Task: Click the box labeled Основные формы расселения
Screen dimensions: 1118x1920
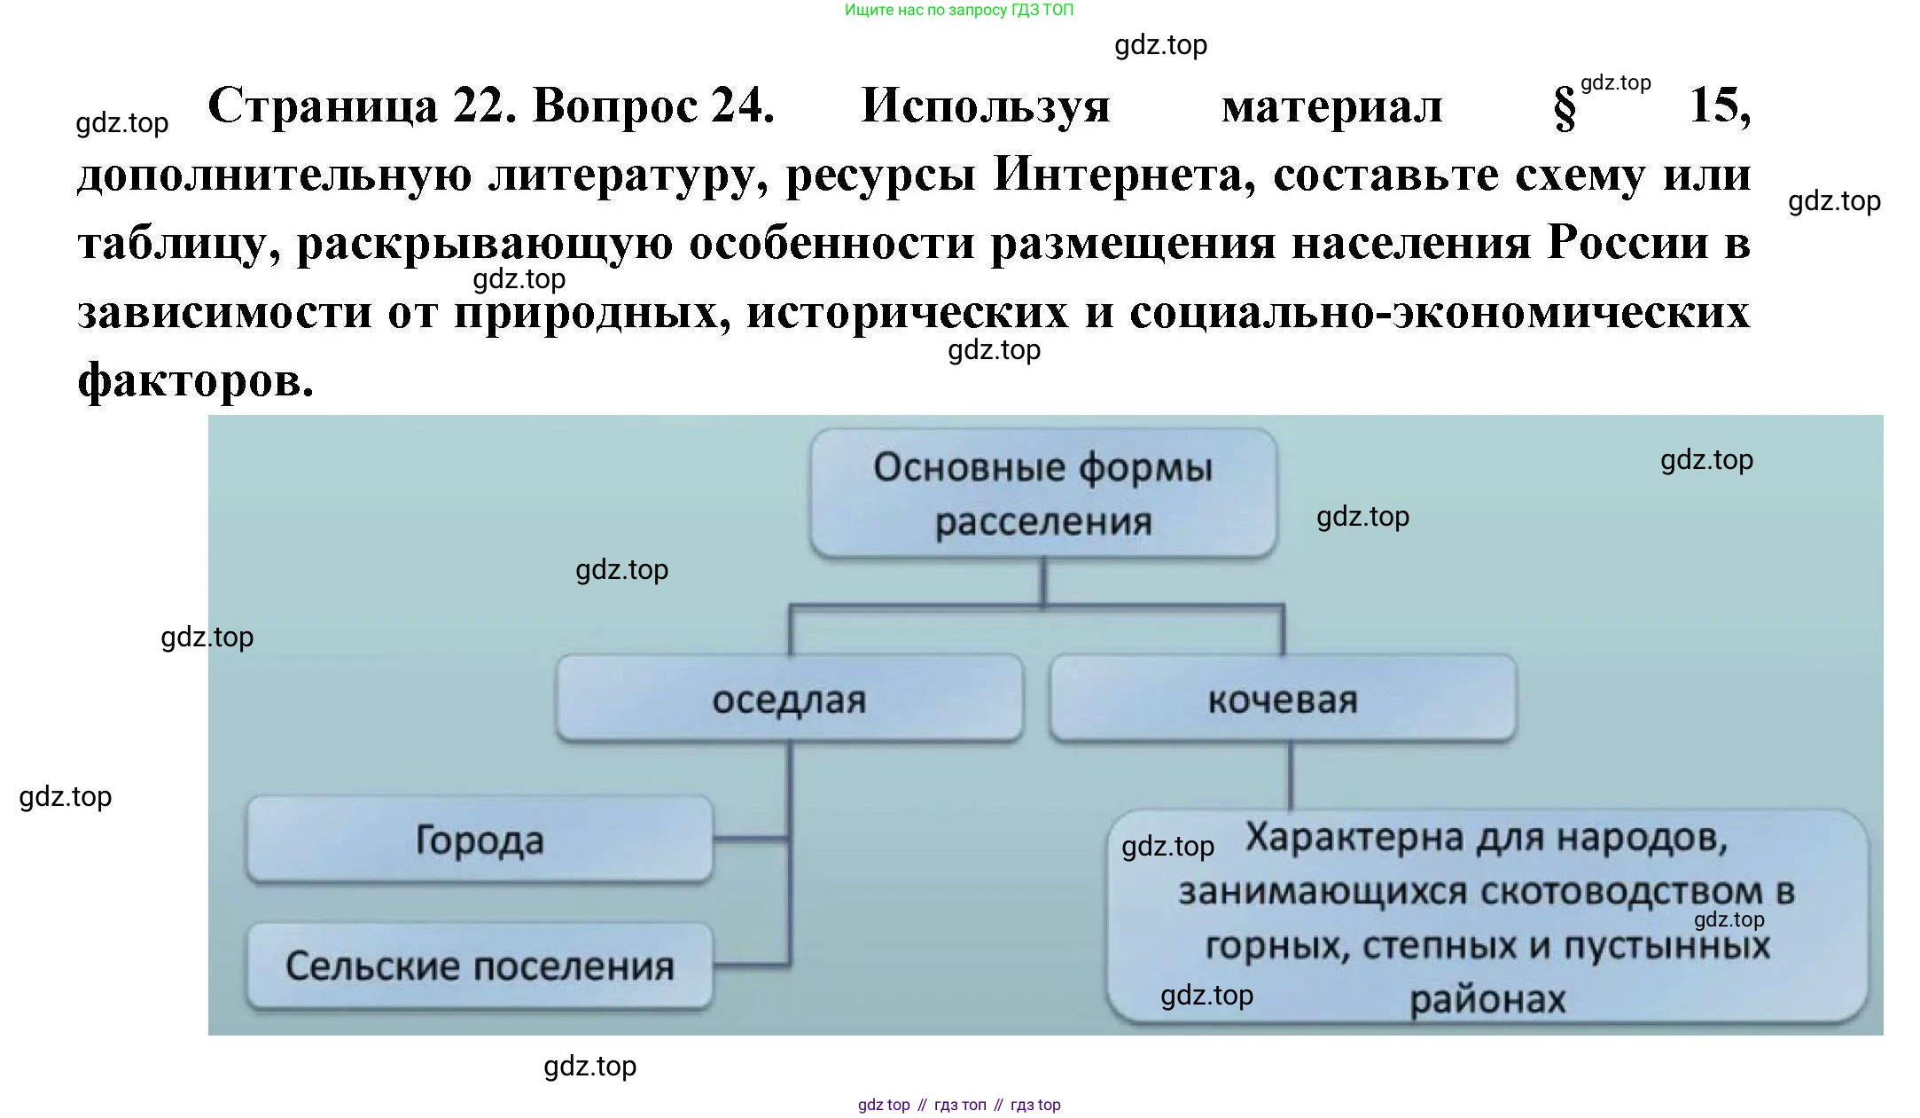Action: pos(1042,493)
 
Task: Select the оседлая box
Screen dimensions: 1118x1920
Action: pos(789,699)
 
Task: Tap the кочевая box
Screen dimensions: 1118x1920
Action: pos(1282,699)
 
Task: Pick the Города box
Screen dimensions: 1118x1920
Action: pos(479,839)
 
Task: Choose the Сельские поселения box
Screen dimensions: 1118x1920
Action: pos(479,966)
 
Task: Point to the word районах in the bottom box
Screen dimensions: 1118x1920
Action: pos(1487,999)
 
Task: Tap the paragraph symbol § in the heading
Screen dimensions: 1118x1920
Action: pos(1565,108)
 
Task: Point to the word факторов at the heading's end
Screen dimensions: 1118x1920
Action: pos(195,380)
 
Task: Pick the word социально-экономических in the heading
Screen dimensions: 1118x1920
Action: pos(1439,312)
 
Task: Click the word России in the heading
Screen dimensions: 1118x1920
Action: pos(1627,243)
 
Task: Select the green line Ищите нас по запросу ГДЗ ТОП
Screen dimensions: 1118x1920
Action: pos(958,11)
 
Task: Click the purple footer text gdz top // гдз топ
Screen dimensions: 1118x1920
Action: pos(959,1105)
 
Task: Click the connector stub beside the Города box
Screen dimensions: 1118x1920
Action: pos(750,838)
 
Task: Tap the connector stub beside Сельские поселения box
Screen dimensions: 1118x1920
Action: pos(750,964)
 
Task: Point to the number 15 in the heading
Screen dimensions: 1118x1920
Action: pos(1719,106)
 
